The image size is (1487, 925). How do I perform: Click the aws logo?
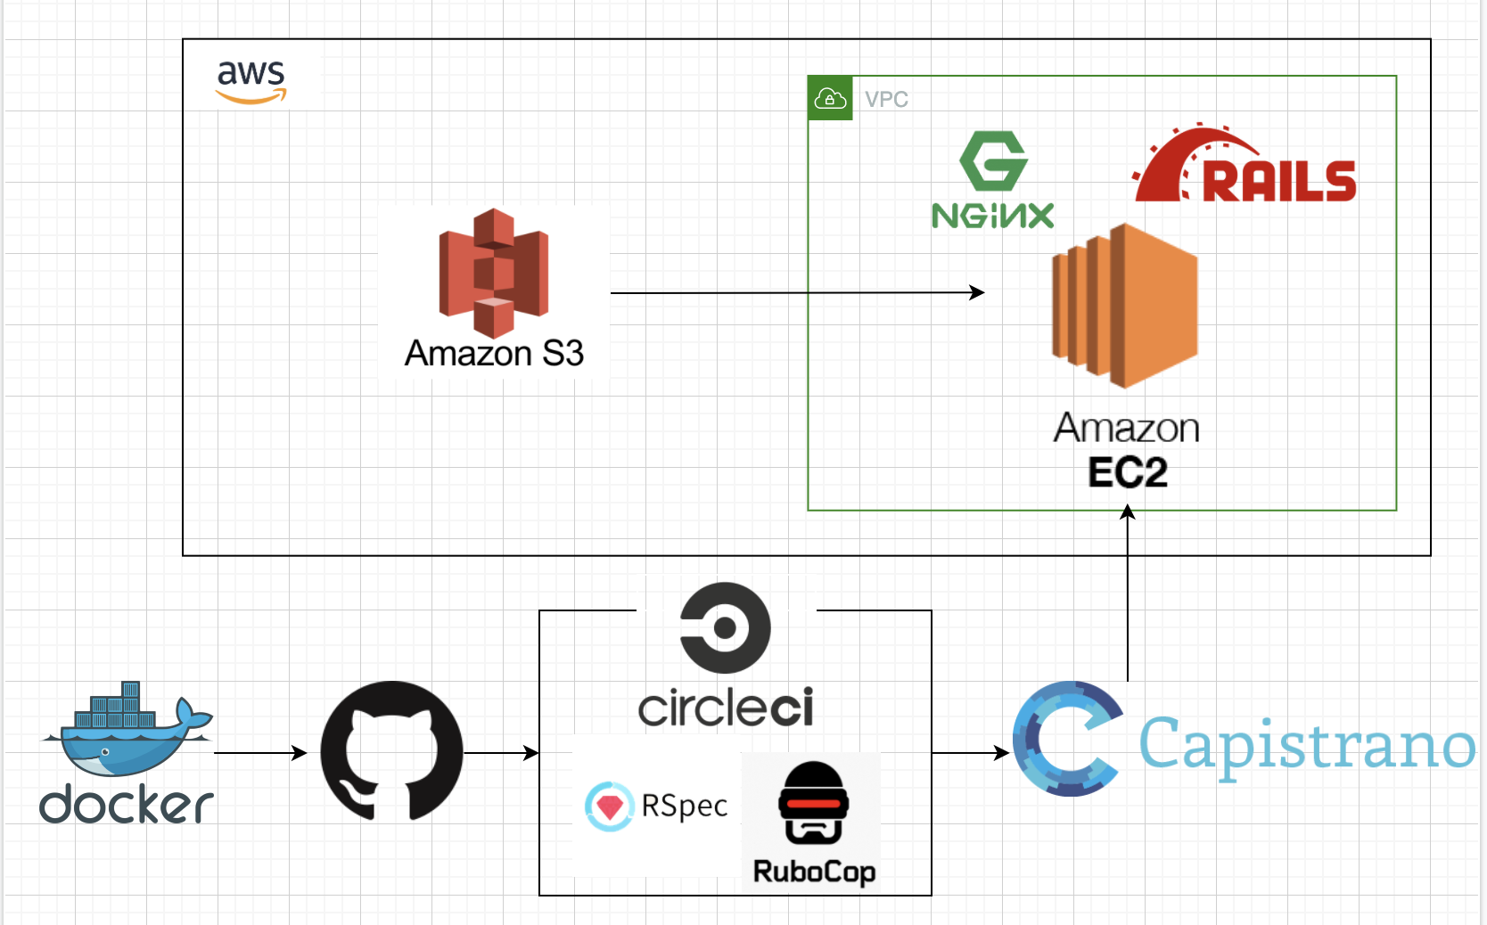[x=251, y=81]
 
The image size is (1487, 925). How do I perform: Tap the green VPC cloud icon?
[x=830, y=98]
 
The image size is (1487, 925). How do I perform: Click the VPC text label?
[x=886, y=100]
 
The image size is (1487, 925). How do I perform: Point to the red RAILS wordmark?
[x=1278, y=181]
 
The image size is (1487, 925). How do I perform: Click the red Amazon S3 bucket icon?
[x=493, y=273]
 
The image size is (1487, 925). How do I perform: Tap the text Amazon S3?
[x=494, y=354]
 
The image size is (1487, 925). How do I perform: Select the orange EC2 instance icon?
[x=1125, y=306]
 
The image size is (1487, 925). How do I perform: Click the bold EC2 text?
[x=1127, y=472]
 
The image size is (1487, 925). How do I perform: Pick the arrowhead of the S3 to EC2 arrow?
[x=978, y=292]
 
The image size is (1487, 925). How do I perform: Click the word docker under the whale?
[x=126, y=805]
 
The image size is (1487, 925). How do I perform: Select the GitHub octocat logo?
[x=391, y=751]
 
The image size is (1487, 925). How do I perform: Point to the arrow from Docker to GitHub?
[x=259, y=753]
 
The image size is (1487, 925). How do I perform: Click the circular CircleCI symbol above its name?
[x=725, y=627]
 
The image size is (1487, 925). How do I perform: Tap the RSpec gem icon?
[x=609, y=806]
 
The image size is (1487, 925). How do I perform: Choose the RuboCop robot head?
[x=813, y=803]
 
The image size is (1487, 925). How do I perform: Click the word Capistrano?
[x=1306, y=745]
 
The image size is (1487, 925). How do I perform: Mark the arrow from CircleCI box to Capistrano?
[x=970, y=753]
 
